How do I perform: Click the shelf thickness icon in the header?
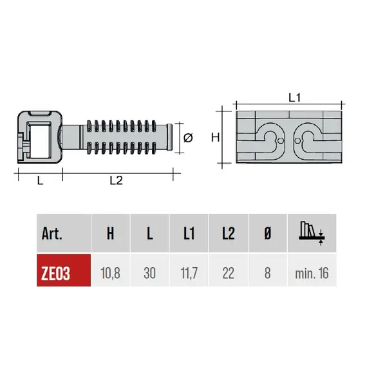click(311, 232)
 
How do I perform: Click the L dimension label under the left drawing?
click(40, 181)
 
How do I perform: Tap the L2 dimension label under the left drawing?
click(116, 181)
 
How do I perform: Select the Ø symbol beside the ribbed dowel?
click(188, 138)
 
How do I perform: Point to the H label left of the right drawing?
click(216, 136)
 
